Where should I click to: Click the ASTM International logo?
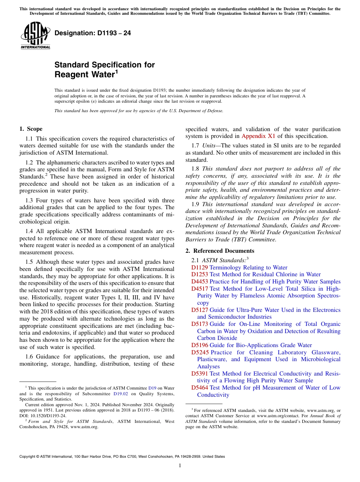[35, 36]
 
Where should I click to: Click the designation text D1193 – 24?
[93, 33]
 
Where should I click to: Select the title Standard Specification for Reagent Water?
[105, 70]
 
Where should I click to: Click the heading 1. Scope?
[31, 129]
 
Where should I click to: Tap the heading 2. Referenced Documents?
[220, 251]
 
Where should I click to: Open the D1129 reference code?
[199, 268]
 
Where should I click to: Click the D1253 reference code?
[199, 274]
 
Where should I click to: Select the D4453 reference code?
[199, 282]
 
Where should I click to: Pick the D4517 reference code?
[199, 289]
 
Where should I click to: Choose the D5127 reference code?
[199, 310]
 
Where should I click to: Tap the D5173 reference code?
[199, 324]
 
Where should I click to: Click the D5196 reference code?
[199, 345]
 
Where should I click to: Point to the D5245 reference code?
[199, 352]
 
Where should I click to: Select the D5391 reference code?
[199, 374]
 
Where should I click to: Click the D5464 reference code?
[199, 388]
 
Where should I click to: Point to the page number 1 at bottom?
[180, 466]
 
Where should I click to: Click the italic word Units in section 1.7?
[208, 146]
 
